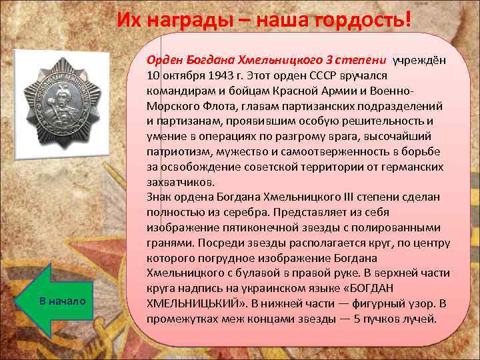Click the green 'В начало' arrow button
[61, 301]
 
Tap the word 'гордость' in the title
[353, 21]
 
